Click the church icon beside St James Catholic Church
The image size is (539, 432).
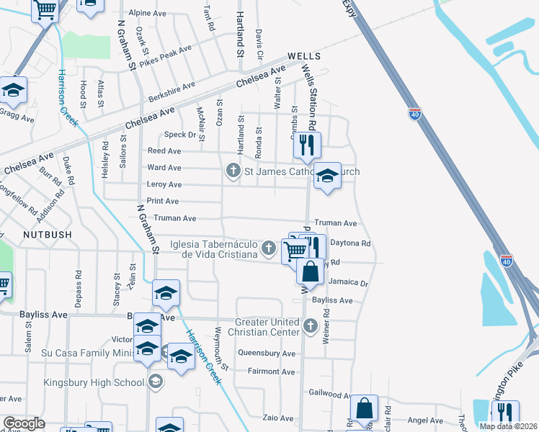[x=232, y=171]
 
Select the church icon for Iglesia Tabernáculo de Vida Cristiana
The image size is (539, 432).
[x=268, y=248]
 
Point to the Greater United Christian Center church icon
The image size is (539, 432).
[x=311, y=327]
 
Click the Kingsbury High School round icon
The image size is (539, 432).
[x=155, y=382]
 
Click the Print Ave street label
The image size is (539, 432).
[x=163, y=201]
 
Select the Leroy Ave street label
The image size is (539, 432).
[x=164, y=184]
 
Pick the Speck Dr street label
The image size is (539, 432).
[x=180, y=135]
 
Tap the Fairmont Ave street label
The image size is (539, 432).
[x=271, y=372]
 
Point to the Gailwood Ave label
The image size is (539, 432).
[x=330, y=394]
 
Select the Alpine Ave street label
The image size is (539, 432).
[x=146, y=13]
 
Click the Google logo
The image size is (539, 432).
[x=24, y=423]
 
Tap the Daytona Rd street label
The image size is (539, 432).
[x=349, y=243]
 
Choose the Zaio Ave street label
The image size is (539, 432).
[x=277, y=418]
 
